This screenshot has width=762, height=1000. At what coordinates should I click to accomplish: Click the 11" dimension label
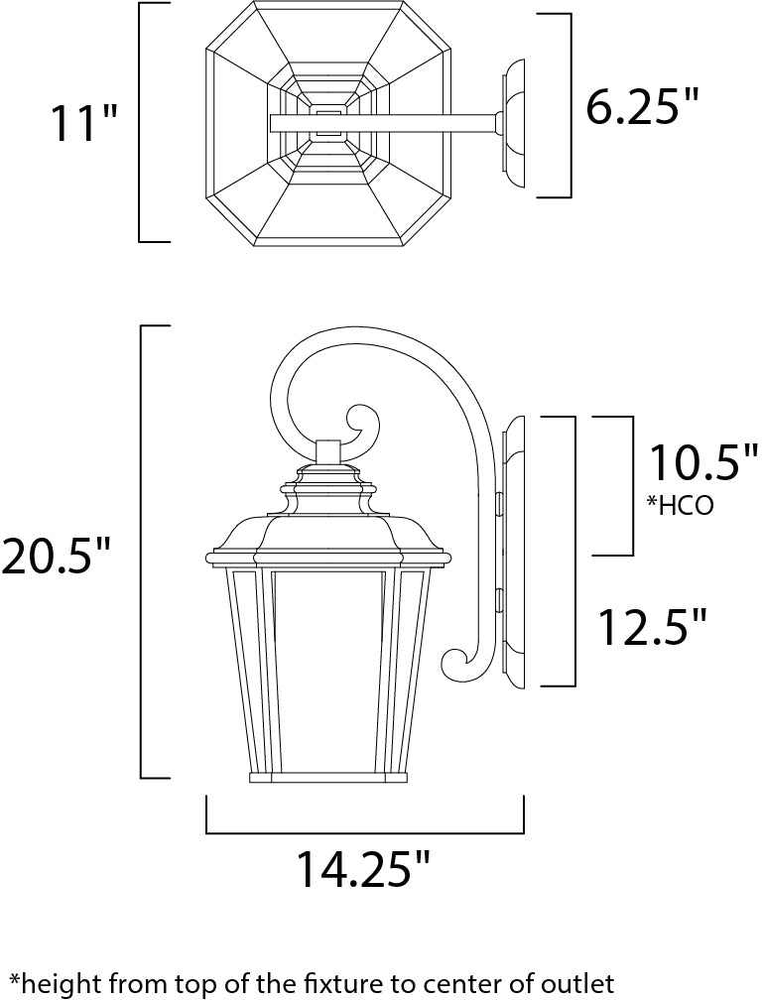click(x=84, y=124)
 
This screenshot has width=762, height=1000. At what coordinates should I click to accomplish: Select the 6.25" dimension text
click(x=643, y=106)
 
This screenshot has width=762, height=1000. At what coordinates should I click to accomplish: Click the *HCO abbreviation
click(x=680, y=505)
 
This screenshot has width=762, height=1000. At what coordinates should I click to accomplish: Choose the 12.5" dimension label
click(x=652, y=626)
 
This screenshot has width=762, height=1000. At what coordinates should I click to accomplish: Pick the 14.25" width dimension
click(x=363, y=870)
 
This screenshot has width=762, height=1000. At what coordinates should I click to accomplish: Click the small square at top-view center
click(x=328, y=123)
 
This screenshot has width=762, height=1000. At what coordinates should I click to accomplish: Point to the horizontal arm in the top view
click(x=397, y=123)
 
